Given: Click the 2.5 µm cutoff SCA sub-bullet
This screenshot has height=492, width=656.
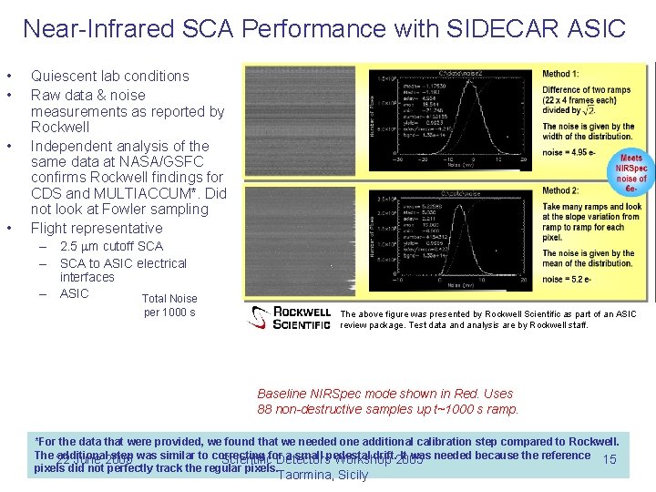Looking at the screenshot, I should click(x=111, y=247).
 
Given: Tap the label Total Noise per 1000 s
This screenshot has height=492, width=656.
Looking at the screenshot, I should click(x=169, y=305).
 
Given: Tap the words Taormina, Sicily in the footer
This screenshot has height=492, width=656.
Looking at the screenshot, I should click(x=323, y=475).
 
